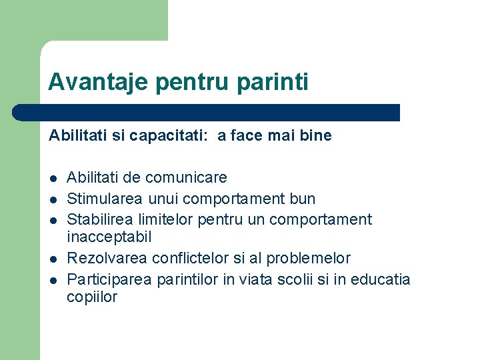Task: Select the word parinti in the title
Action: pos(275,83)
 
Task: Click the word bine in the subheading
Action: pos(316,136)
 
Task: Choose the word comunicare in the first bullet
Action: pos(186,178)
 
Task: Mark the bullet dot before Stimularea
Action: pos(52,199)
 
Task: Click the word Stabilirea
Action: pos(103,219)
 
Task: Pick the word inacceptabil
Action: pos(109,237)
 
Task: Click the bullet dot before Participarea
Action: pos(52,279)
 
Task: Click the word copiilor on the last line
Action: pos(92,297)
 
